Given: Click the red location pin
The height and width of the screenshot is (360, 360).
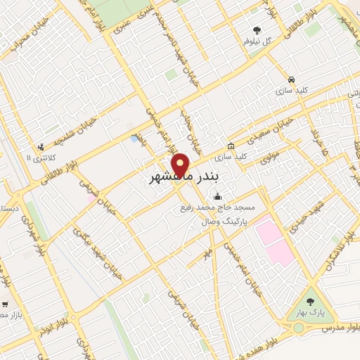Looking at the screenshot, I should point(181,165).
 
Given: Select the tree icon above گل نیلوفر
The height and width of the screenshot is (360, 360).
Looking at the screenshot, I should point(257,31).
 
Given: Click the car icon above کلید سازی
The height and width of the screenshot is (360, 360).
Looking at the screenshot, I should point(291,79).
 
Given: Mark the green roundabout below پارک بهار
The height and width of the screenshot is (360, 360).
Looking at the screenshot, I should point(299,328).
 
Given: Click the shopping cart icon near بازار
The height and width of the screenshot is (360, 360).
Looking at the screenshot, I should point(6,304).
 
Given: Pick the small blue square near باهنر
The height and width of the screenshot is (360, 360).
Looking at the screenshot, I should point(134,139).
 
